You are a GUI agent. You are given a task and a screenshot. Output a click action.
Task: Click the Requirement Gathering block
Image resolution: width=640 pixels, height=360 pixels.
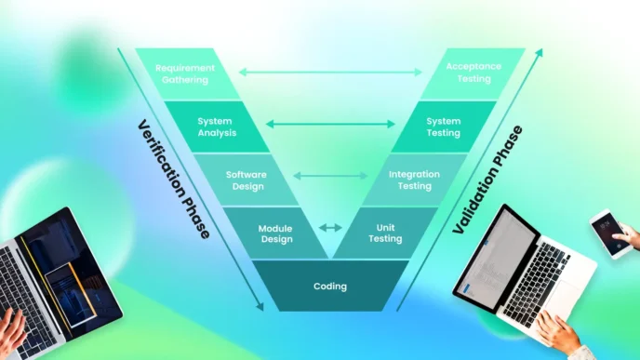click(185, 73)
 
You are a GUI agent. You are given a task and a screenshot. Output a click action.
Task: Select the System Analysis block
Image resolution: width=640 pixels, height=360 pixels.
click(217, 127)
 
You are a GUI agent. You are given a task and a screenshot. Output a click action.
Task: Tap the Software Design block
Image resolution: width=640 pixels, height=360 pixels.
click(246, 180)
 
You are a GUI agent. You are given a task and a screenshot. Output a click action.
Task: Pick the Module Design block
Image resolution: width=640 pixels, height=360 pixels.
click(275, 233)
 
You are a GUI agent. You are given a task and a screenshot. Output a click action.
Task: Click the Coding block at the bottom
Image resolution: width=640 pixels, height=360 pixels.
click(329, 287)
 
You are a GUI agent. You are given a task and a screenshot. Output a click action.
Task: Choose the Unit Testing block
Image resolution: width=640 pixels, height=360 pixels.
click(384, 233)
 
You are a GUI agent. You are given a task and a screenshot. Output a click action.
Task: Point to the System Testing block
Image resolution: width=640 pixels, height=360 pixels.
click(444, 127)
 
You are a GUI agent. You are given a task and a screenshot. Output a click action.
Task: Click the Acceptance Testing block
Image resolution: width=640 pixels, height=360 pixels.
click(473, 73)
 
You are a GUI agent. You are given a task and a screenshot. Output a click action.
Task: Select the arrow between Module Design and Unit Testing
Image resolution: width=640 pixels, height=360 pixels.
click(330, 227)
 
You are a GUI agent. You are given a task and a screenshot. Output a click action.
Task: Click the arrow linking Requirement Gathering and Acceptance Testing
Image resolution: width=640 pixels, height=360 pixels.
click(330, 71)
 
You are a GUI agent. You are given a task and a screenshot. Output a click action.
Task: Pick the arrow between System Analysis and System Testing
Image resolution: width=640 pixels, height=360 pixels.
click(330, 123)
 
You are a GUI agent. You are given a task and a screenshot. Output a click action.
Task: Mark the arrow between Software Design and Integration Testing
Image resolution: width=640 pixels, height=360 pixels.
click(330, 175)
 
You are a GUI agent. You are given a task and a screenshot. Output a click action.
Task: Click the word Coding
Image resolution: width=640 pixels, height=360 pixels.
click(329, 287)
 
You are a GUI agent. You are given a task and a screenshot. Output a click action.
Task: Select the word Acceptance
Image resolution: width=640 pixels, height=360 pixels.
click(473, 67)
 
